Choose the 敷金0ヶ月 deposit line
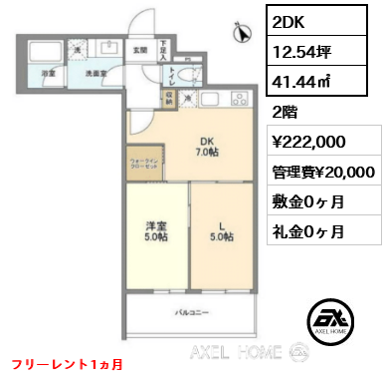pyautogui.click(x=308, y=202)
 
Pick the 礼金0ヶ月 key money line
pyautogui.click(x=308, y=232)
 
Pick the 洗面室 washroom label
pyautogui.click(x=96, y=74)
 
